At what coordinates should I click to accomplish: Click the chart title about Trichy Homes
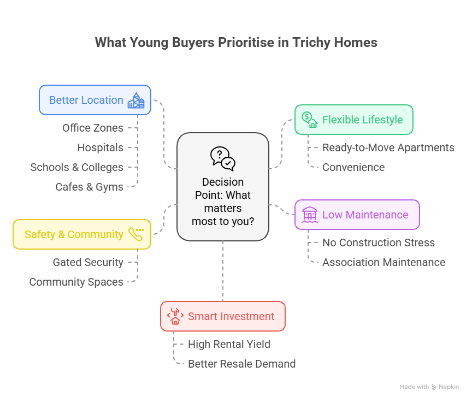click(x=236, y=43)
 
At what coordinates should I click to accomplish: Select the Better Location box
click(x=95, y=100)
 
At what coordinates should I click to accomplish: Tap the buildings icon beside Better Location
click(x=135, y=100)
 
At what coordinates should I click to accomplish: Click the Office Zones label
click(x=93, y=128)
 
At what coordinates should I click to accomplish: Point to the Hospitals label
click(x=100, y=147)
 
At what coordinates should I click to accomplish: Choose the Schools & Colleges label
click(x=77, y=167)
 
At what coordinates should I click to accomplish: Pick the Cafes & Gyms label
click(x=90, y=187)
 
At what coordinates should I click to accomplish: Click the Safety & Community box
click(x=82, y=234)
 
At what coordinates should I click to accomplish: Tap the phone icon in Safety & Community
click(x=135, y=234)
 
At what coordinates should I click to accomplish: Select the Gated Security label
click(x=88, y=262)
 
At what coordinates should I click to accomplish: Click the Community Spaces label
click(x=76, y=282)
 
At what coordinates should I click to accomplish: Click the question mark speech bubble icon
click(x=222, y=159)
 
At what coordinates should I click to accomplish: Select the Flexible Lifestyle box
click(x=354, y=120)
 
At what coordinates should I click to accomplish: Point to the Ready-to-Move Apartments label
click(x=388, y=147)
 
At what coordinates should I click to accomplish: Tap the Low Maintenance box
click(x=357, y=215)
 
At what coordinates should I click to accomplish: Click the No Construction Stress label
click(x=378, y=243)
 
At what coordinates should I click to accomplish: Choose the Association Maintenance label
click(x=383, y=262)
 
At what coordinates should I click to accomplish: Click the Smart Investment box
click(x=223, y=316)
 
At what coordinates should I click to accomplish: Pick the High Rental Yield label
click(x=229, y=344)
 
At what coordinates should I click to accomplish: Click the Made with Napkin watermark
click(x=429, y=387)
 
